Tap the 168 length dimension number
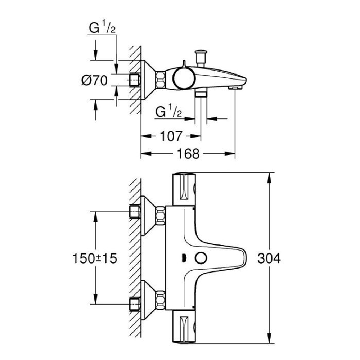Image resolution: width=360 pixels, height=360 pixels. [x=188, y=154]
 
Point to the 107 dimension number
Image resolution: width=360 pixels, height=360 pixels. [x=171, y=136]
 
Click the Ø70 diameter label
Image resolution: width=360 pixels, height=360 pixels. [x=94, y=81]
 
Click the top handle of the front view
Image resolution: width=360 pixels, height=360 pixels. [x=184, y=189]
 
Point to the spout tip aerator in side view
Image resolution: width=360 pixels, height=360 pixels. [x=234, y=87]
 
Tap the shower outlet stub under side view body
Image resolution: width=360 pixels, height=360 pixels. [x=200, y=94]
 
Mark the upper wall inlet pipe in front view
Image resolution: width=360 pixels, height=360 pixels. [x=135, y=212]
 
